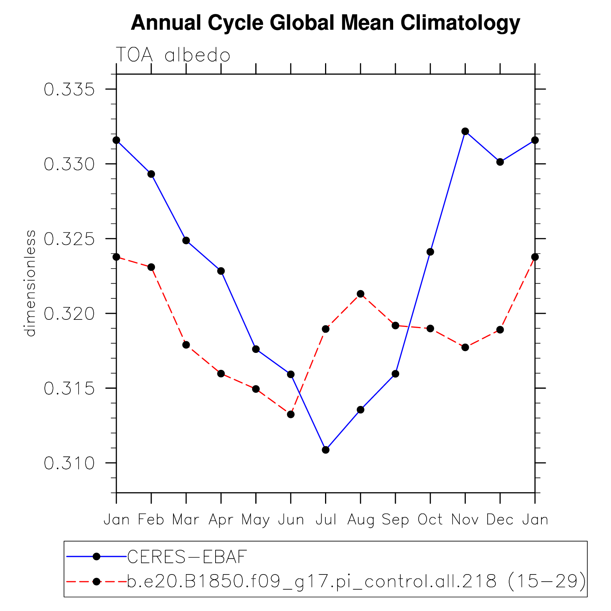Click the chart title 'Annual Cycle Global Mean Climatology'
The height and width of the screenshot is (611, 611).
[x=325, y=23]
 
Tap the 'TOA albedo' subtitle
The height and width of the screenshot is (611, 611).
[x=173, y=55]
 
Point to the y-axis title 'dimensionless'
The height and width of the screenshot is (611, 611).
[x=30, y=283]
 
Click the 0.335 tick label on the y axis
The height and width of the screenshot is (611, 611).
[x=69, y=90]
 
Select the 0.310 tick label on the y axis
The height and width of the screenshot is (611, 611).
[x=69, y=464]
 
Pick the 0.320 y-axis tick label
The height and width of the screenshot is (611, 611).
[x=69, y=314]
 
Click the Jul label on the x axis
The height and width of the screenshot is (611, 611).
[x=326, y=520]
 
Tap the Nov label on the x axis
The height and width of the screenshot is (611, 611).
[x=465, y=520]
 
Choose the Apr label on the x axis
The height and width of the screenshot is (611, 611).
[x=221, y=520]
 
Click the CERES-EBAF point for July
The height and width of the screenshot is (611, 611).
[x=326, y=450]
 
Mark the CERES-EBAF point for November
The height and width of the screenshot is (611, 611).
[x=465, y=131]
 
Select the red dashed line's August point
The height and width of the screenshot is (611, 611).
[x=360, y=294]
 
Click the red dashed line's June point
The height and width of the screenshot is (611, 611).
[x=291, y=414]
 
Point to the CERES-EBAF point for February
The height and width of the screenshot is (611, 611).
[x=151, y=174]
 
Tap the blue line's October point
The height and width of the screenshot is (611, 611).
[x=430, y=252]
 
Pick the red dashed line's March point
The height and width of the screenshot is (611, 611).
[x=186, y=345]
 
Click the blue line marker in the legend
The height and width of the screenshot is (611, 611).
[x=97, y=556]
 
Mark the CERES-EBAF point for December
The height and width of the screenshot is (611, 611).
[x=500, y=162]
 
